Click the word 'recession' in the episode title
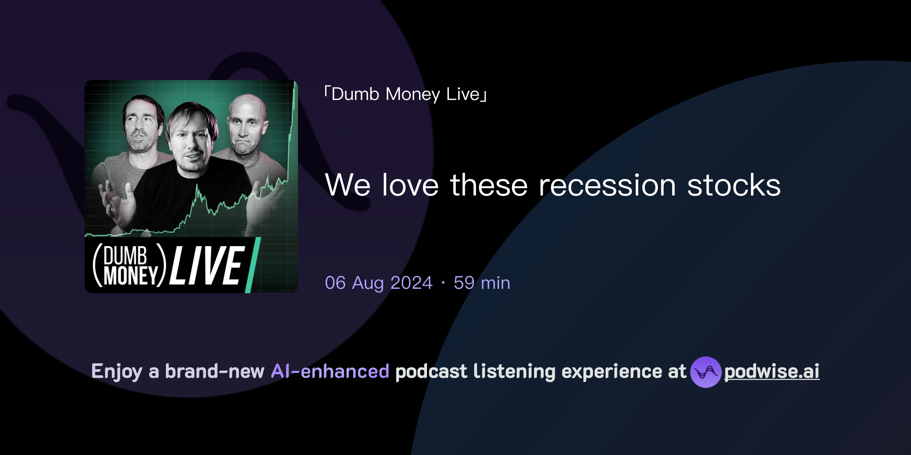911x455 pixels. pos(607,185)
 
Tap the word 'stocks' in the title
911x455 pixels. pos(734,185)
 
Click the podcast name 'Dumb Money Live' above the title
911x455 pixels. pos(406,94)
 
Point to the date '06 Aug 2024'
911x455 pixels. pos(379,283)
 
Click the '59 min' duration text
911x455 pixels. pos(482,283)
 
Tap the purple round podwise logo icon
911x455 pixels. pos(705,372)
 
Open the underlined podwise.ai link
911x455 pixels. pos(772,372)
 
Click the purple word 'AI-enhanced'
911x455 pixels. pos(330,371)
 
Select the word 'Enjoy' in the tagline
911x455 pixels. pos(117,372)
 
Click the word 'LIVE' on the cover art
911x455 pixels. pos(206,266)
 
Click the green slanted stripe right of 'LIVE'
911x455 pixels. pos(253,266)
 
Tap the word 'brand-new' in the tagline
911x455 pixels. pos(214,371)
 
